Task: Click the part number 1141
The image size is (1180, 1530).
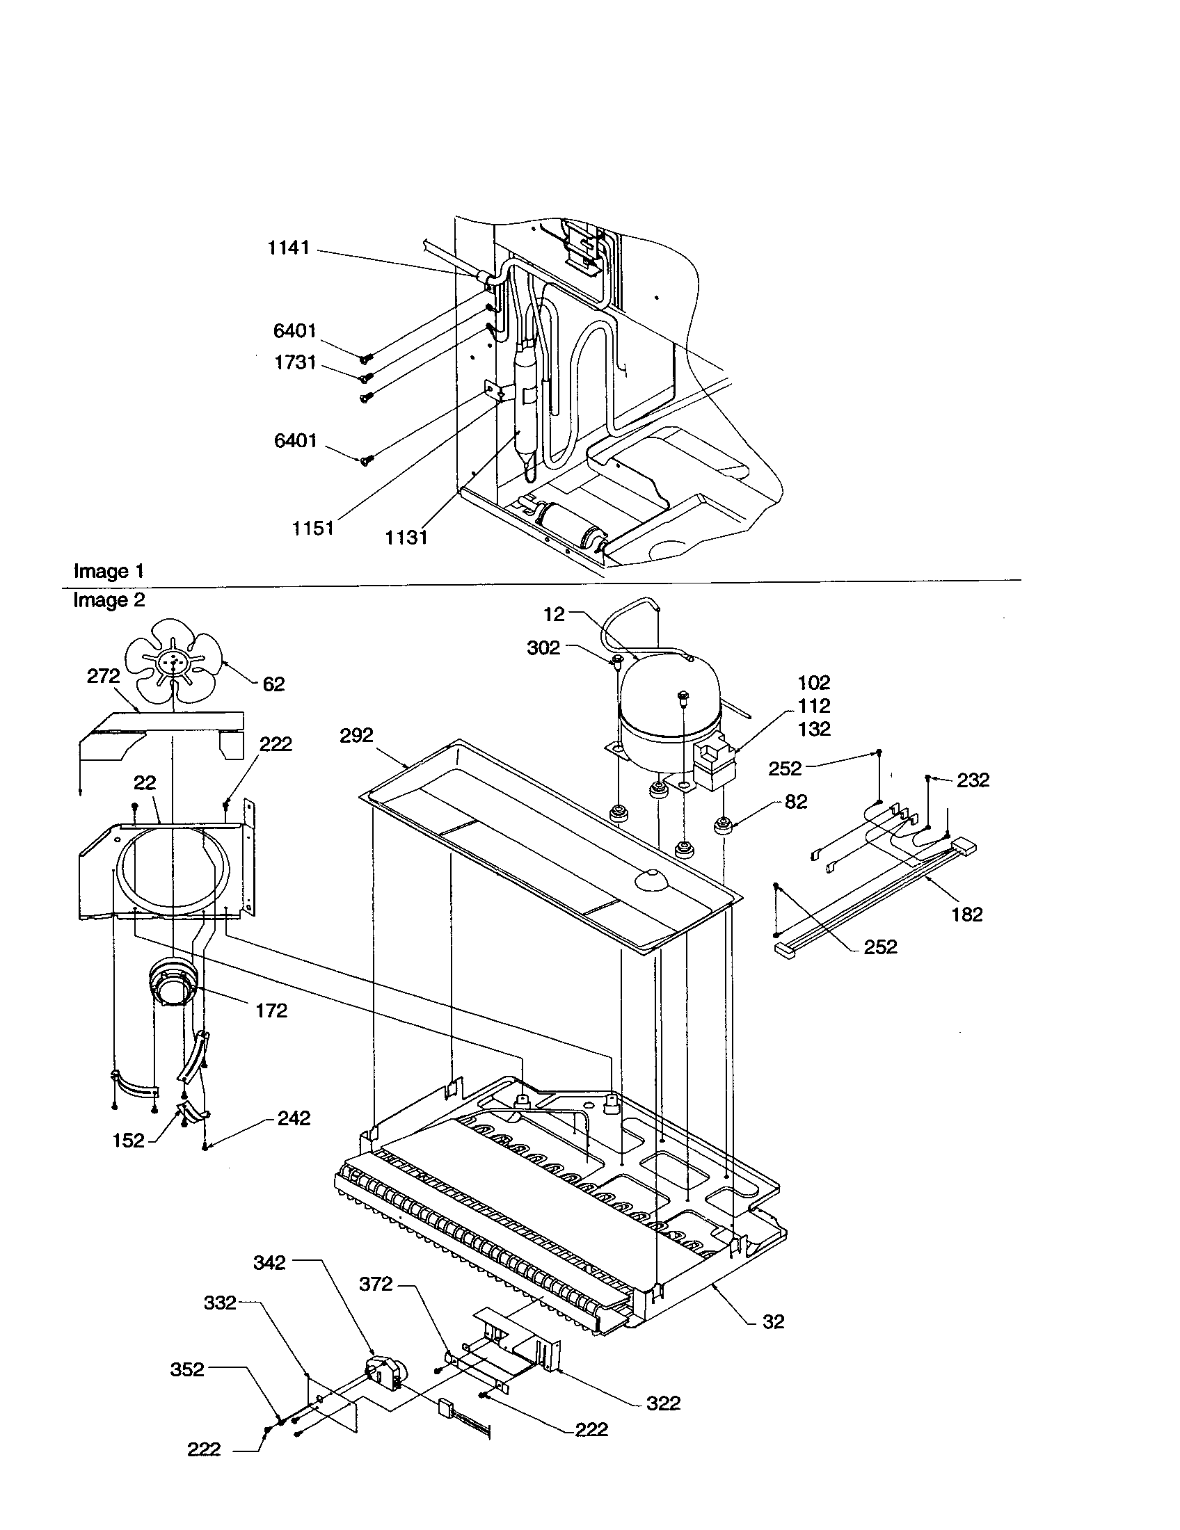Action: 288,248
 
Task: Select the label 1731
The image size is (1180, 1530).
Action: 294,363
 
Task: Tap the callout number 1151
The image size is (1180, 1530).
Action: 312,529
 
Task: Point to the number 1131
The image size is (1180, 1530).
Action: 406,538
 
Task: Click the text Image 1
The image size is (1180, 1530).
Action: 109,571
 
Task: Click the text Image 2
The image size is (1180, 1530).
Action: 109,600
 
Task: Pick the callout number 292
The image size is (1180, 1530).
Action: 357,736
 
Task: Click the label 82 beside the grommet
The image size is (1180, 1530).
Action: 796,801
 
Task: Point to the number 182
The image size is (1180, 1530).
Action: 967,915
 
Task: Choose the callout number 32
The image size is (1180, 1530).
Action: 774,1322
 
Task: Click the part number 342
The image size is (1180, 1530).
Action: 270,1262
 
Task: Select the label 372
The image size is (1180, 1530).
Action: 376,1284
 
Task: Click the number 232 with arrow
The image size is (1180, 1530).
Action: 973,780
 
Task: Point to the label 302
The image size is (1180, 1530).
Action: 543,648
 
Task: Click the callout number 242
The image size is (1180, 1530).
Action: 294,1119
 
